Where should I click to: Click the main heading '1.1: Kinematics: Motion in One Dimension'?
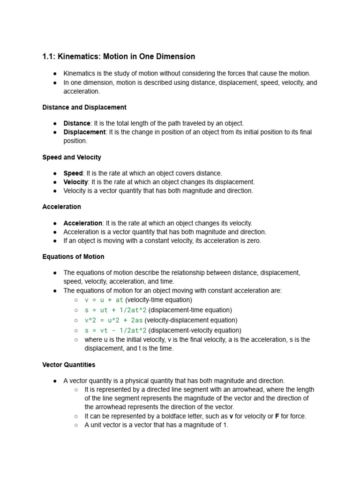(119, 57)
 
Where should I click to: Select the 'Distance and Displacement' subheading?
(84, 107)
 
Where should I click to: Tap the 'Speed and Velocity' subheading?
(72, 157)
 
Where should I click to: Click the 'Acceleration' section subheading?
(61, 207)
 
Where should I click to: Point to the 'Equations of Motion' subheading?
(73, 257)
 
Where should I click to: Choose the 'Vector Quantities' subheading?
(68, 365)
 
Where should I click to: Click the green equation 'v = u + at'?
(104, 300)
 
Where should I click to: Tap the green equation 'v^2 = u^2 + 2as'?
(114, 321)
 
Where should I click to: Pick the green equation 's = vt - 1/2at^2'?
(116, 331)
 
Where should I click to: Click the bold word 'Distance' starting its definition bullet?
(77, 123)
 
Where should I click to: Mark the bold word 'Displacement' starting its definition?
(84, 132)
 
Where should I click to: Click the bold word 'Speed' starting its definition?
(73, 173)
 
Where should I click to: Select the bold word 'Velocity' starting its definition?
(75, 182)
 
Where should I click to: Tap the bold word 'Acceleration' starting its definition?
(83, 223)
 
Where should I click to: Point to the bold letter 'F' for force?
(277, 416)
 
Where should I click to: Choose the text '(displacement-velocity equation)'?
(195, 331)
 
